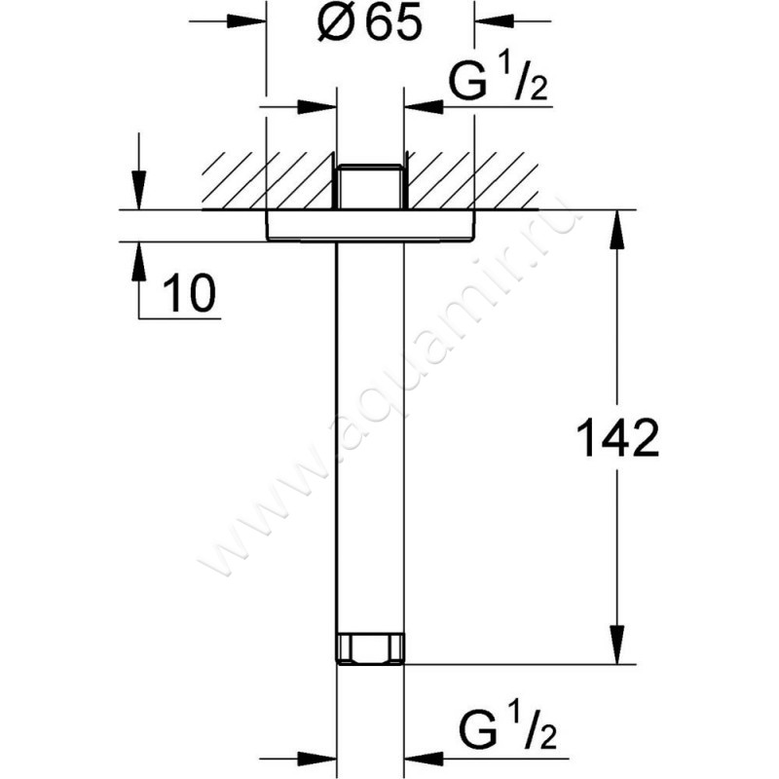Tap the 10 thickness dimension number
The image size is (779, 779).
click(189, 295)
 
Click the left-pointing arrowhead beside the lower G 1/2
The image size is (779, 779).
click(418, 755)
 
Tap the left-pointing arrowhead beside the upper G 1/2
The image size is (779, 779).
click(418, 102)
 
